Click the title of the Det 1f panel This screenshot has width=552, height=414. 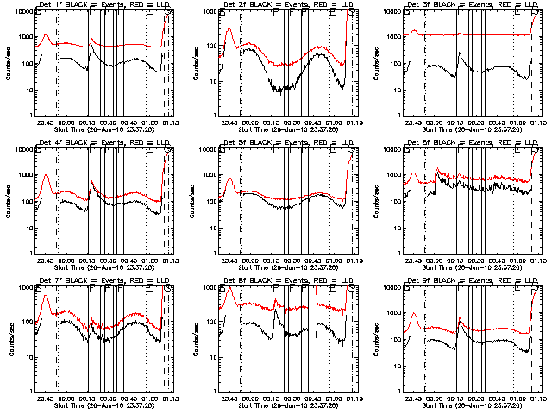click(93, 4)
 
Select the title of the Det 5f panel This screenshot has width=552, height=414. click(277, 142)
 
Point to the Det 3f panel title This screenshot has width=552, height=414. click(461, 4)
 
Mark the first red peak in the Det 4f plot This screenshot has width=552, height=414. click(46, 175)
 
